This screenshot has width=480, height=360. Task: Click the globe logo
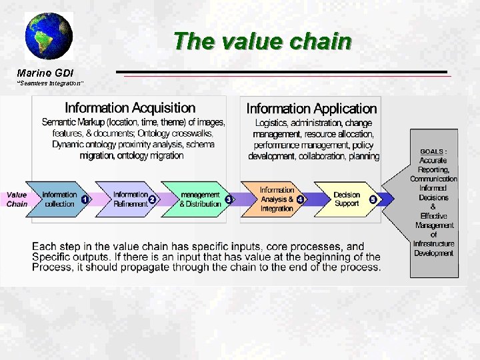(x=49, y=36)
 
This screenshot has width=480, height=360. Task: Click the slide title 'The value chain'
(x=262, y=41)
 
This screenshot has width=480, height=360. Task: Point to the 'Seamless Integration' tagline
(x=51, y=83)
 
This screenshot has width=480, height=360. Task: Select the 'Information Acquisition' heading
(x=130, y=108)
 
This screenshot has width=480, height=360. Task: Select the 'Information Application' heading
(x=311, y=109)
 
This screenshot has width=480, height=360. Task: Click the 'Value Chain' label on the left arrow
(x=17, y=199)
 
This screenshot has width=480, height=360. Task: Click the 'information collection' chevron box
(x=59, y=199)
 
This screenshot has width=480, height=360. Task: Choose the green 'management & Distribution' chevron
(x=199, y=199)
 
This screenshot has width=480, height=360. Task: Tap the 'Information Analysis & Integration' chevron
(x=276, y=199)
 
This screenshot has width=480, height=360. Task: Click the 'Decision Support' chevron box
(x=347, y=199)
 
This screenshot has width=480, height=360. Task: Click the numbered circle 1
(x=85, y=199)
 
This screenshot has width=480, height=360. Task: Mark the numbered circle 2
(x=152, y=199)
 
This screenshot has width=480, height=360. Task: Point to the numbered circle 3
(x=229, y=199)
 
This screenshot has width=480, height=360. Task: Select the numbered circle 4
(x=300, y=199)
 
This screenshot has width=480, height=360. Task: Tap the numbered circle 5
(x=373, y=199)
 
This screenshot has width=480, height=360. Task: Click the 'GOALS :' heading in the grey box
(x=433, y=151)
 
